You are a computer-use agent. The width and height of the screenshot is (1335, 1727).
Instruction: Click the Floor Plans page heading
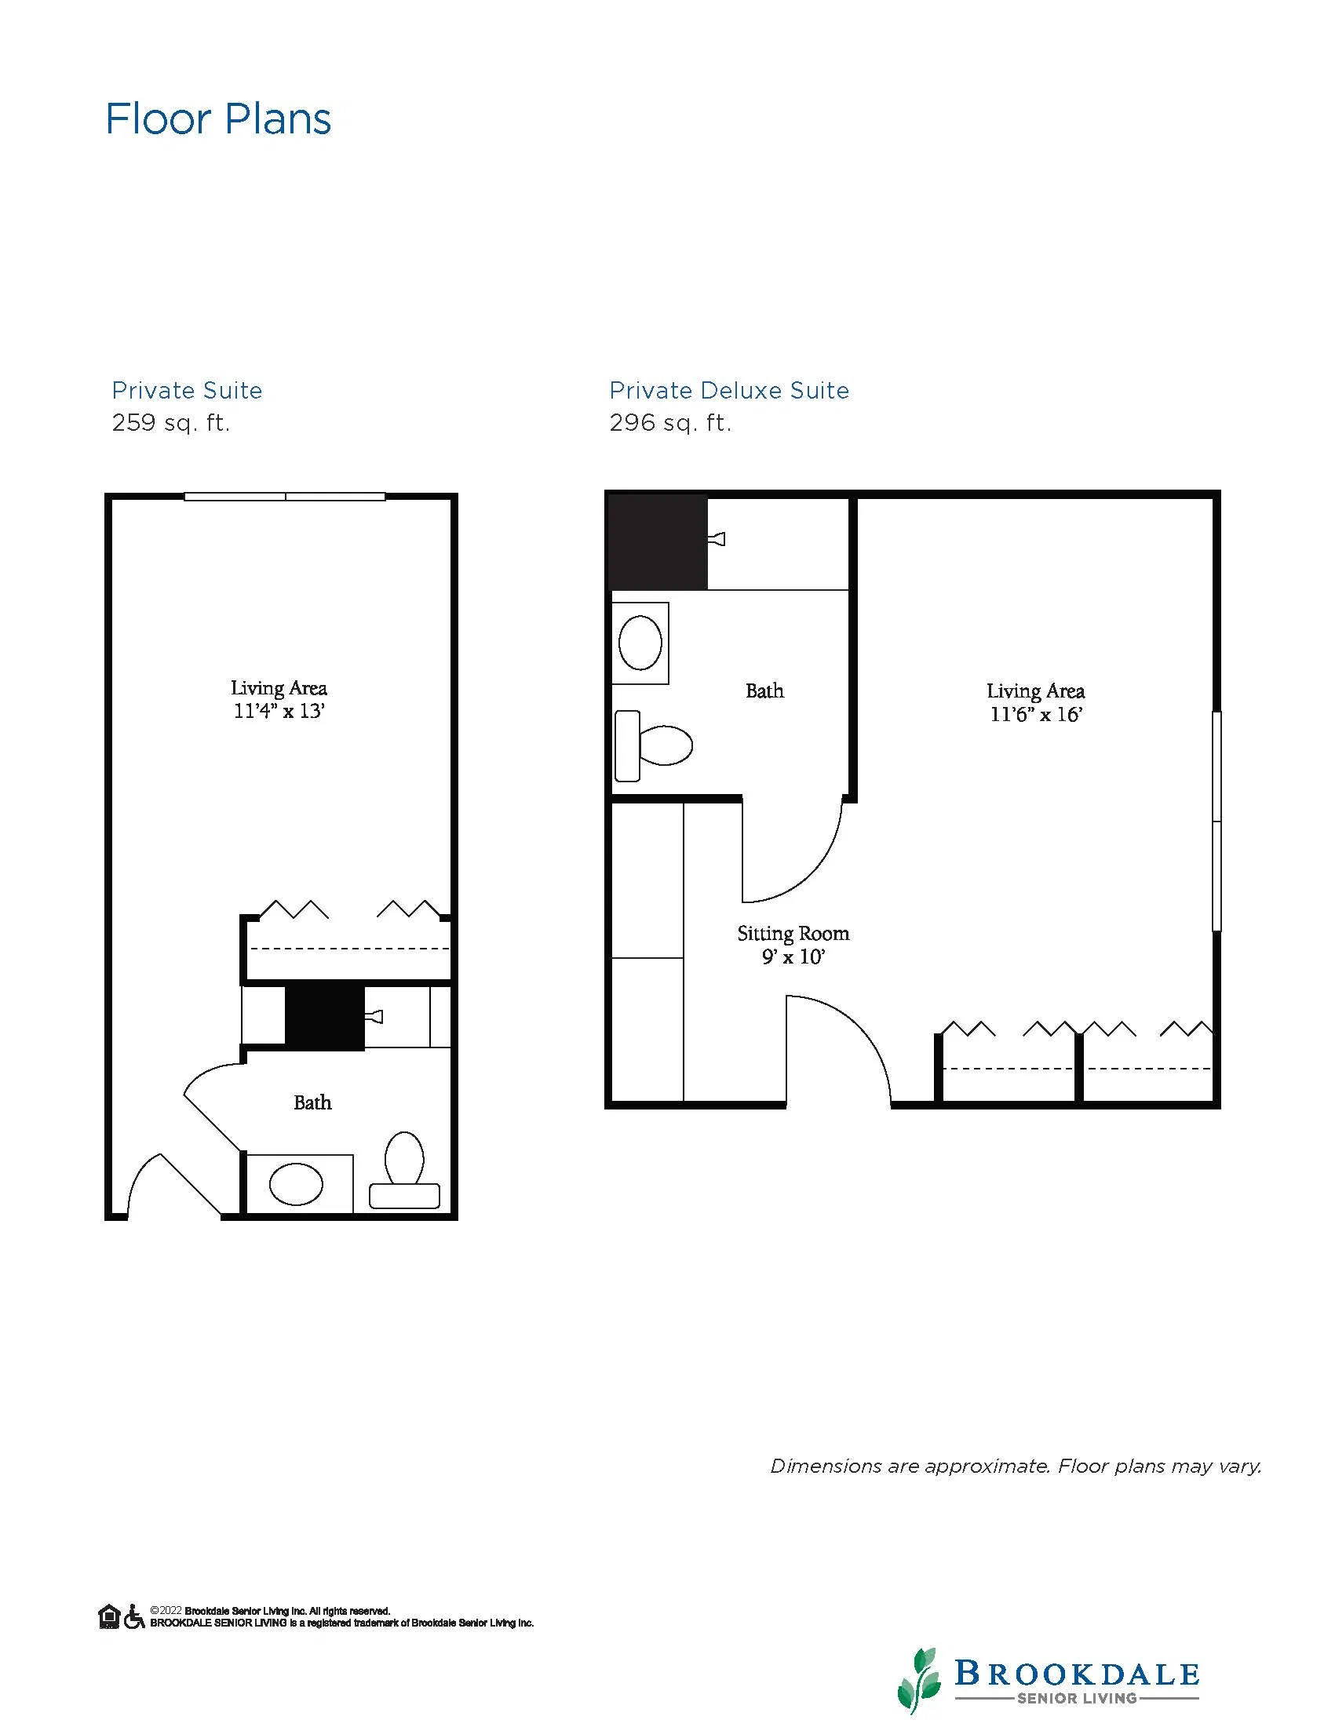218,118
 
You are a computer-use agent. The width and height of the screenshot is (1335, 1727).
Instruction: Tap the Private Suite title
187,391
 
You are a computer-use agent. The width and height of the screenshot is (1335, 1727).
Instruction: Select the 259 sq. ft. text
171,424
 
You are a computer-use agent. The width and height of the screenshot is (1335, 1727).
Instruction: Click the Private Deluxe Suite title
729,391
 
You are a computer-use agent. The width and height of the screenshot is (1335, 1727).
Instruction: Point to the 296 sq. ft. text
671,424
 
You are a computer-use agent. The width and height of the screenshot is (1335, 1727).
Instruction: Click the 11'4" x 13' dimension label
279,711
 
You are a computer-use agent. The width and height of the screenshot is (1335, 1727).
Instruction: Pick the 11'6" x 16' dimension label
1036,714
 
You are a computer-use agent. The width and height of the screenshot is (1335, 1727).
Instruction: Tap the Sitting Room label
793,934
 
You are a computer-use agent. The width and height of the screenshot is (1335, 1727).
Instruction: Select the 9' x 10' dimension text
793,956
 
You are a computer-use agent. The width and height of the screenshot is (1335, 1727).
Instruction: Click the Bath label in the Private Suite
312,1102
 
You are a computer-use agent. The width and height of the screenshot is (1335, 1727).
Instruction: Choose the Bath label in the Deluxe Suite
764,690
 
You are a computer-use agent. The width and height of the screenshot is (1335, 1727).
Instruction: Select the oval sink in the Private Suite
297,1185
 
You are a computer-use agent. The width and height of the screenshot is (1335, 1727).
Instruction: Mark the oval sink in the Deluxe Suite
640,643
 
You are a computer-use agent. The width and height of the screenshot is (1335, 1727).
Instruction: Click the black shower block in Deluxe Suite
657,542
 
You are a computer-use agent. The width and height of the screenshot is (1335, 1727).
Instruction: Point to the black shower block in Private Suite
324,1016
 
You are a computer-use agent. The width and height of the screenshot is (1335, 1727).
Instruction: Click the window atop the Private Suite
285,497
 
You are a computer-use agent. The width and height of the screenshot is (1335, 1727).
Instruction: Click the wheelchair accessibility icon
134,1616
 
